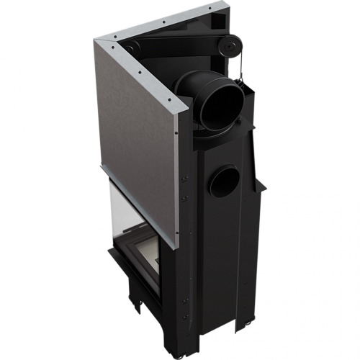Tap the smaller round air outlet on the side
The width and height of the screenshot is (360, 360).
pyautogui.click(x=225, y=180)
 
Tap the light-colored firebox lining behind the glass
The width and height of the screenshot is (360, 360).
pyautogui.click(x=148, y=252)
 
